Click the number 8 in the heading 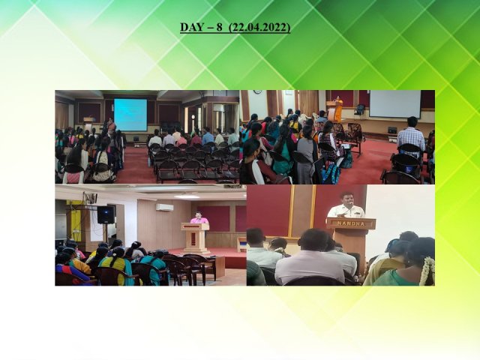(x=219, y=27)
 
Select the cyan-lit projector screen (x=130, y=115)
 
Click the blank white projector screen (x=395, y=104)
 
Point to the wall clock (x=257, y=91)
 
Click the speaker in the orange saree (x=338, y=109)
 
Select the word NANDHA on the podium (x=351, y=223)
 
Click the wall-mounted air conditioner (x=164, y=207)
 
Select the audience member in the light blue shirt (x=208, y=136)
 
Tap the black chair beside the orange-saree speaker (x=359, y=109)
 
